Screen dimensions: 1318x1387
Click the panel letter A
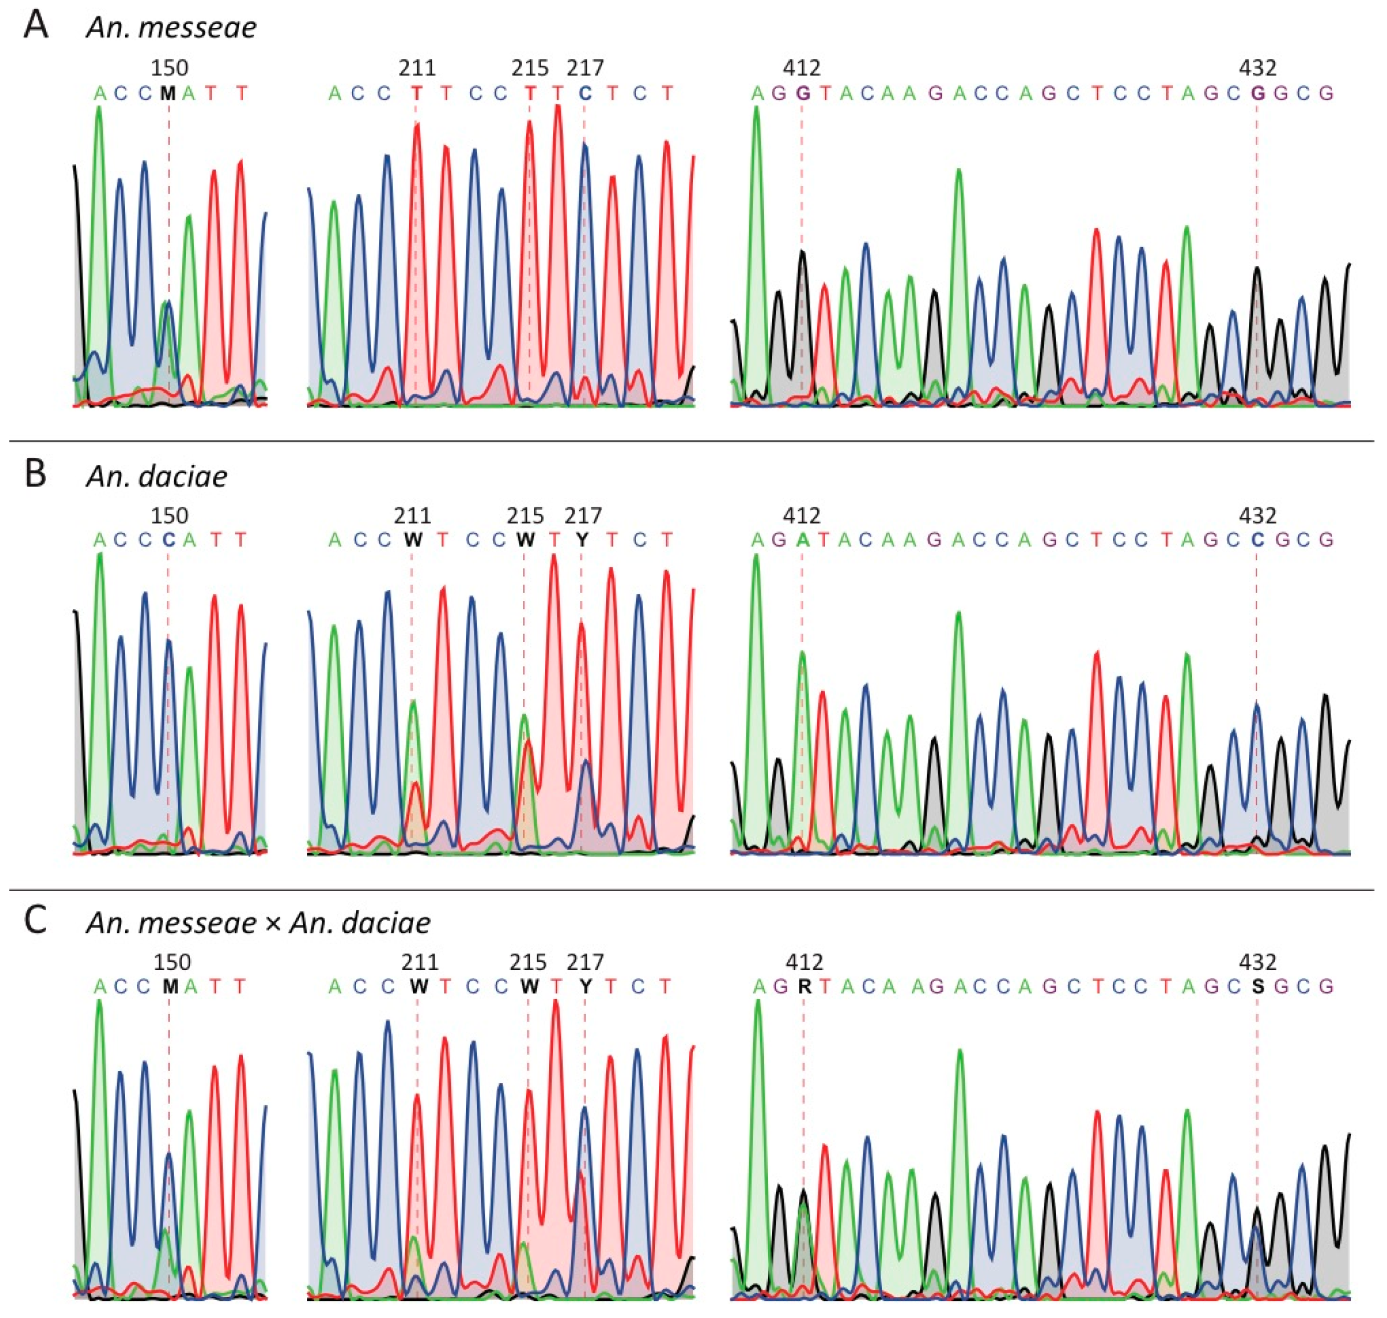[36, 26]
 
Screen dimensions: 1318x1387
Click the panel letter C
[36, 921]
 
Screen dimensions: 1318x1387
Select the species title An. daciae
[157, 476]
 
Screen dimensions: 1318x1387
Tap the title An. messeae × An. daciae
[258, 923]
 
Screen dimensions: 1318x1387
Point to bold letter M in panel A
[167, 93]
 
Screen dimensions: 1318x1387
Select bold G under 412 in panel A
[802, 93]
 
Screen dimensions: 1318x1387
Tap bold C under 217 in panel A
[585, 93]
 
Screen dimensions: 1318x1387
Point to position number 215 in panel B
[525, 516]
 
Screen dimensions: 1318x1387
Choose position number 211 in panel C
[420, 962]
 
